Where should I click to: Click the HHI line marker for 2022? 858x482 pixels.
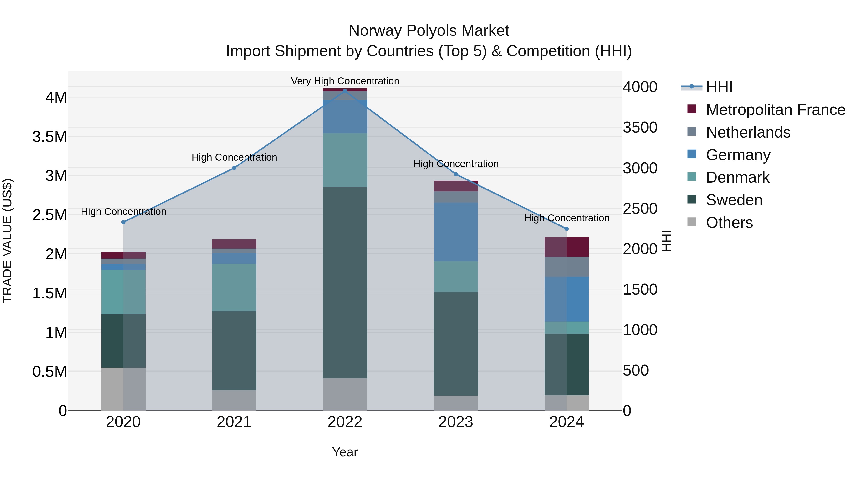click(x=345, y=91)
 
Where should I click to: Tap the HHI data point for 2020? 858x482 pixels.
click(x=123, y=222)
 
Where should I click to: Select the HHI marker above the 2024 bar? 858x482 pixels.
click(x=567, y=229)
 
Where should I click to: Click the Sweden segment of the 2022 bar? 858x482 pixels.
click(x=345, y=283)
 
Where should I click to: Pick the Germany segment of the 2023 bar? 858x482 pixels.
click(x=456, y=232)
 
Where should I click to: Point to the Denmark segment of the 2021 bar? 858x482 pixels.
click(x=234, y=288)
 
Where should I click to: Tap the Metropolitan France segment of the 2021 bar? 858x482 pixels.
click(x=234, y=244)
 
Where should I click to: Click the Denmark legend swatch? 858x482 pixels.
click(x=692, y=177)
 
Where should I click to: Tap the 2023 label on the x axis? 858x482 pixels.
click(x=456, y=422)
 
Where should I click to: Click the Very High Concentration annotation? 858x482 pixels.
click(x=345, y=81)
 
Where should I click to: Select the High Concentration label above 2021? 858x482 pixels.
click(x=234, y=157)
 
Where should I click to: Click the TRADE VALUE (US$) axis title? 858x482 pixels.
click(x=8, y=241)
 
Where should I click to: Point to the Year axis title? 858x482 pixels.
click(x=345, y=452)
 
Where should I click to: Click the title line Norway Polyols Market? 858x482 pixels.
click(x=429, y=31)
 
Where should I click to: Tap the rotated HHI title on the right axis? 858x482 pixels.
click(x=666, y=241)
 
